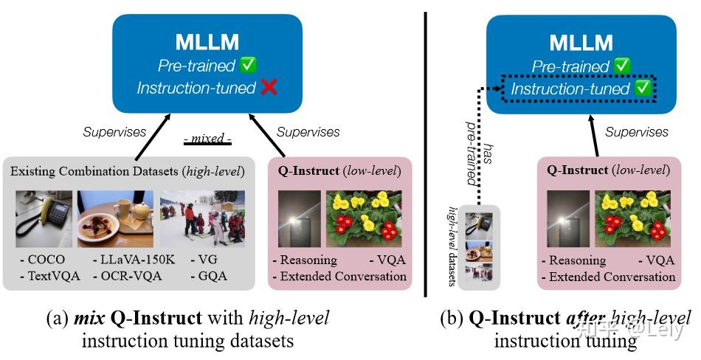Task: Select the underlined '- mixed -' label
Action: [207, 139]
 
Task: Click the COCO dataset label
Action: [43, 259]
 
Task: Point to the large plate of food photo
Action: [115, 219]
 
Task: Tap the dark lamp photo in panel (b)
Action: [567, 218]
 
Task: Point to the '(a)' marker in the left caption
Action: [58, 319]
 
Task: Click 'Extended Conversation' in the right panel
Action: [609, 277]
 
